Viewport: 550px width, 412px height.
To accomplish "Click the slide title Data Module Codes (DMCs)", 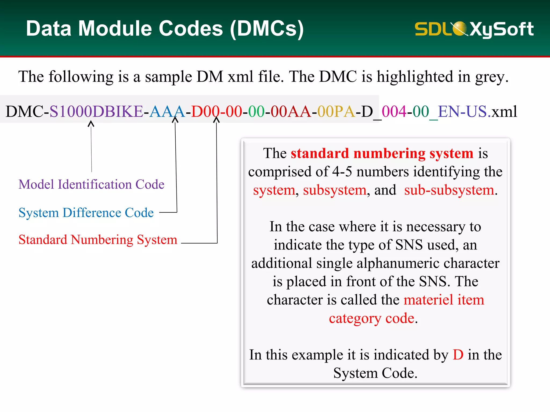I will coord(165,29).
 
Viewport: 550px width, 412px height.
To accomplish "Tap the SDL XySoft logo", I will coord(474,29).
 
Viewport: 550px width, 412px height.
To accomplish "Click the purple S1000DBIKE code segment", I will coord(96,112).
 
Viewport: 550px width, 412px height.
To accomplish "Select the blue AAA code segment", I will coord(167,112).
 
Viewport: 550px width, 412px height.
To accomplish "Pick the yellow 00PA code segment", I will coord(336,112).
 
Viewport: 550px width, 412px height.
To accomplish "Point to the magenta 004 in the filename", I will coord(394,112).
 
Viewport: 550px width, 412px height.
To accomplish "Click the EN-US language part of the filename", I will coord(462,112).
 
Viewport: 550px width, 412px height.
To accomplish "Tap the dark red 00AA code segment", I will coord(291,112).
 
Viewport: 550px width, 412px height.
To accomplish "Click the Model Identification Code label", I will coord(91,185).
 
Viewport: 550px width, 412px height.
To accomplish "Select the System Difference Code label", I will coord(86,213).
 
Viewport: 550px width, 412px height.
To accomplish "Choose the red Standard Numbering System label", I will coord(98,240).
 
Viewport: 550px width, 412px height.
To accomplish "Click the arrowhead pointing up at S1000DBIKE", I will coord(91,124).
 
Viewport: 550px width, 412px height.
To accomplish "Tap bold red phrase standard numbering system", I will coord(382,153).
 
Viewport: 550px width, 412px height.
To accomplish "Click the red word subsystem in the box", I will coord(335,190).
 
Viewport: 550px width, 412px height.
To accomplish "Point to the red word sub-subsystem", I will coord(449,190).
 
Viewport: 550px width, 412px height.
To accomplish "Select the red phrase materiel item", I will coord(444,300).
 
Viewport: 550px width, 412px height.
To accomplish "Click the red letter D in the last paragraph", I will coord(458,355).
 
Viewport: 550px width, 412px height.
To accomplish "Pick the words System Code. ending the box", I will coord(375,373).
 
